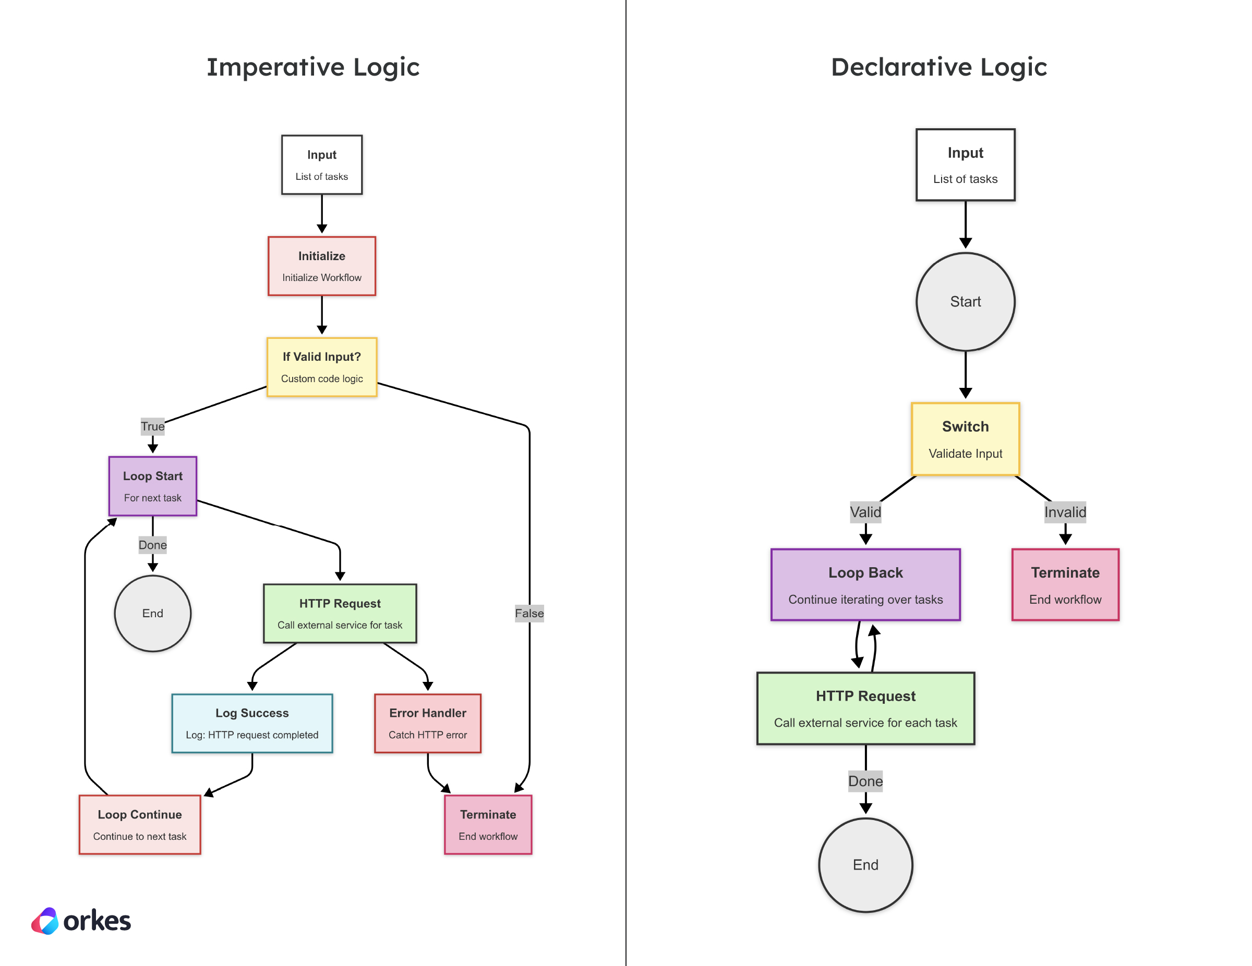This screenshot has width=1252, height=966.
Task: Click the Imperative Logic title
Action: pyautogui.click(x=313, y=67)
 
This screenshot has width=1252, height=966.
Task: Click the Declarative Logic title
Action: pyautogui.click(x=938, y=67)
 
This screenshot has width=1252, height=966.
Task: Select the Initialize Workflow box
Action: pyautogui.click(x=321, y=266)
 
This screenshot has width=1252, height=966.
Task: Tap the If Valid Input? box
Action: pyautogui.click(x=321, y=366)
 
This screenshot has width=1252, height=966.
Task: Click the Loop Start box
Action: pyautogui.click(x=152, y=486)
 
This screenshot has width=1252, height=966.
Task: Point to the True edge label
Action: pyautogui.click(x=152, y=426)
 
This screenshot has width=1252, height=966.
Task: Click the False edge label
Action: pyautogui.click(x=528, y=613)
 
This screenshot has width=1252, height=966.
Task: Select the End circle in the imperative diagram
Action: pyautogui.click(x=152, y=613)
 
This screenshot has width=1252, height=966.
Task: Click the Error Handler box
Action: pyautogui.click(x=428, y=723)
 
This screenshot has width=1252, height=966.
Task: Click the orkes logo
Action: pyautogui.click(x=81, y=921)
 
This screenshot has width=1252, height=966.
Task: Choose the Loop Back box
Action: pyautogui.click(x=865, y=584)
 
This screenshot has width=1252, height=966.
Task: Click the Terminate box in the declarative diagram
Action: pyautogui.click(x=1065, y=584)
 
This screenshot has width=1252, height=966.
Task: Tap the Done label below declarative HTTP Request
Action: pyautogui.click(x=865, y=781)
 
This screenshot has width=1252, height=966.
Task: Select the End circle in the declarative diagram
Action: pyautogui.click(x=865, y=864)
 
